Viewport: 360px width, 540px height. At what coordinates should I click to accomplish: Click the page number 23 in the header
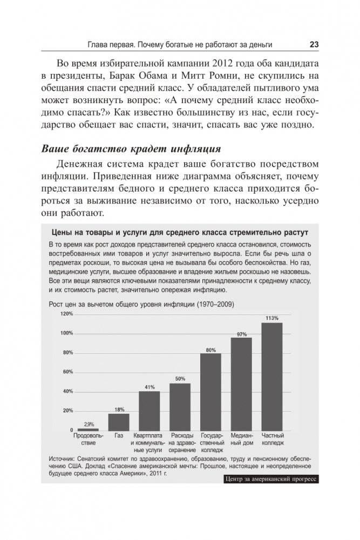tap(314, 44)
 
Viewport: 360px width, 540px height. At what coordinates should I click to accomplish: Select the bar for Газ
tap(118, 421)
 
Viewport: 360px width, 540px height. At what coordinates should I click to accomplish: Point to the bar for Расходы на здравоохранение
tap(180, 406)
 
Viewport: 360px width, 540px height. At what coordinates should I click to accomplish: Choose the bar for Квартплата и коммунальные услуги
tap(149, 411)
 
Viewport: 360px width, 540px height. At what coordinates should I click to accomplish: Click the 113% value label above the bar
tap(271, 318)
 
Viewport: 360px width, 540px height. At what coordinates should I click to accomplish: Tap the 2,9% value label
tap(88, 424)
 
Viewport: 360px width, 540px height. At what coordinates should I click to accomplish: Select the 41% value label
tap(150, 387)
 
